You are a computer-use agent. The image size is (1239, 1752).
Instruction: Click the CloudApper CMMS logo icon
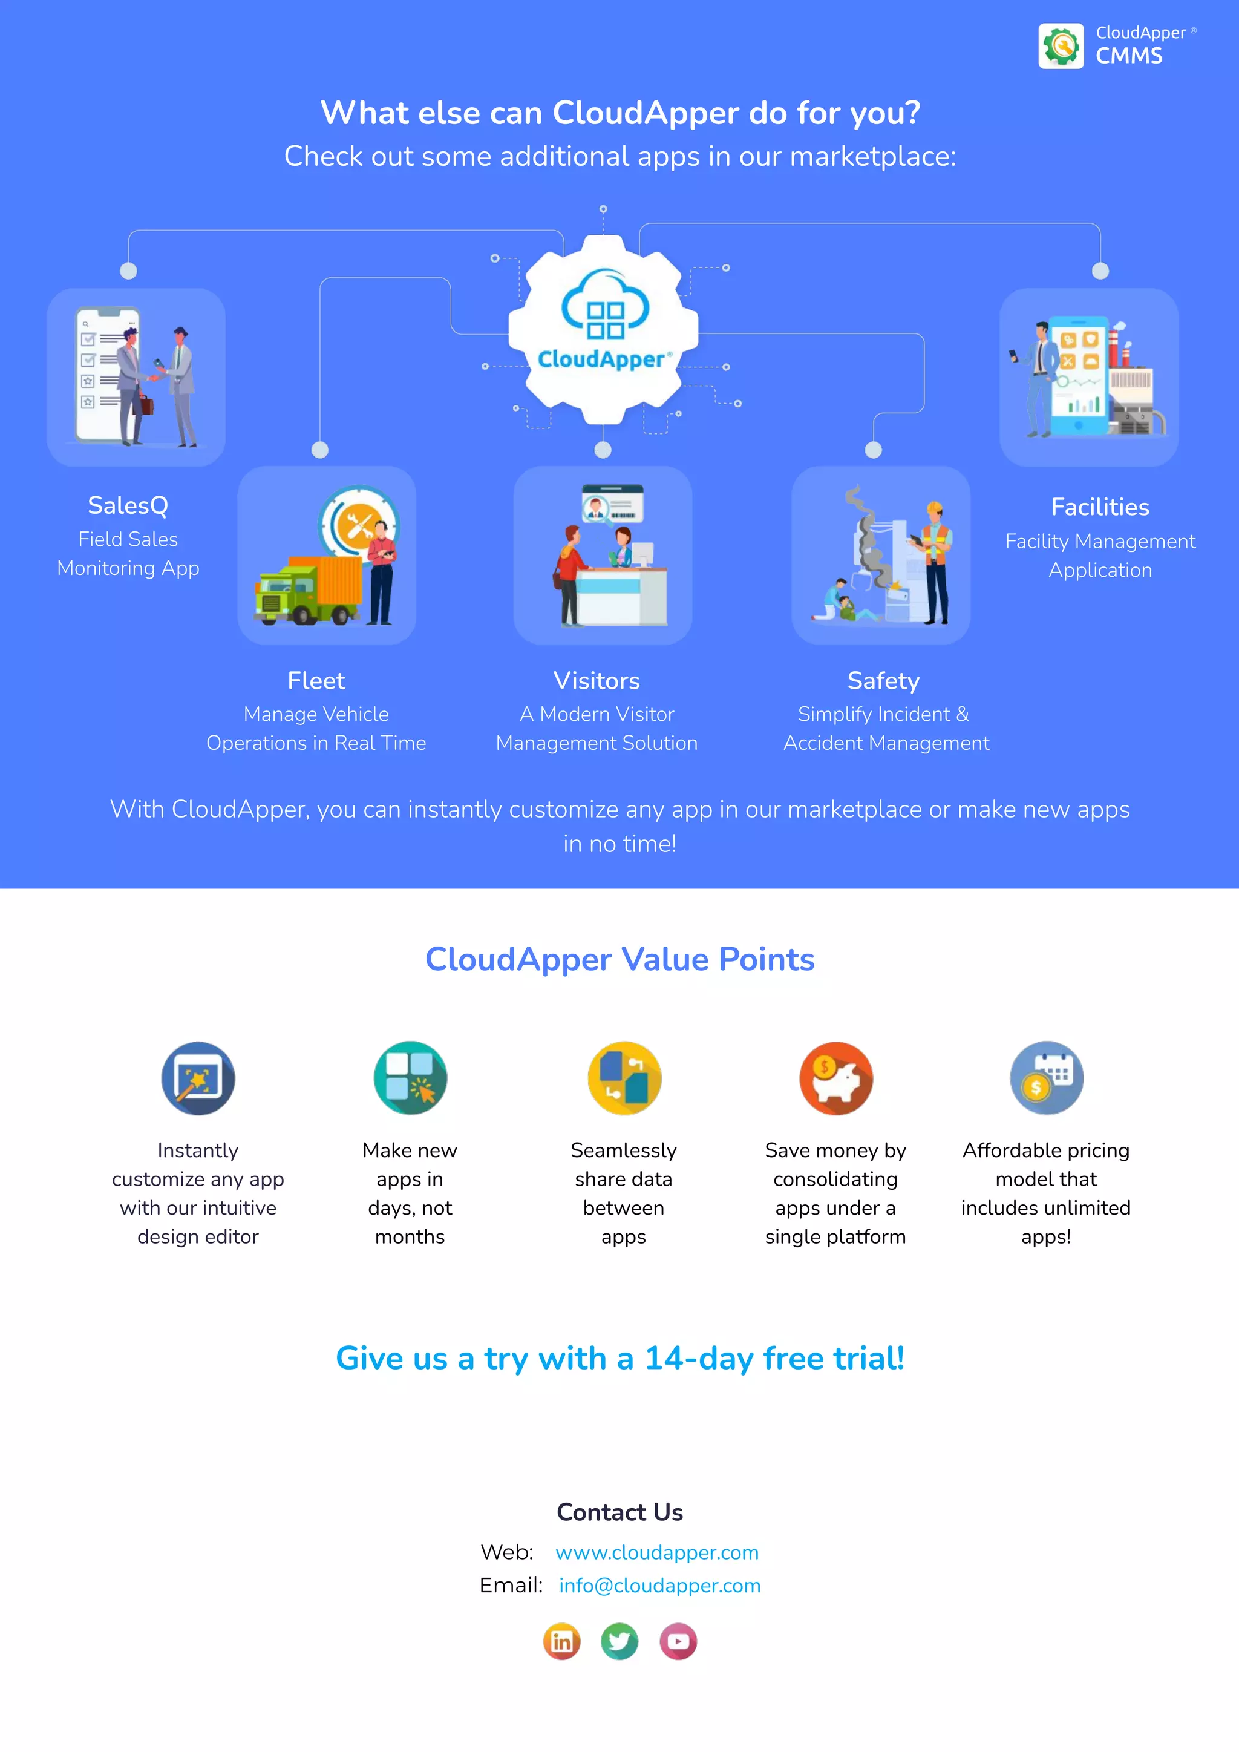[1061, 46]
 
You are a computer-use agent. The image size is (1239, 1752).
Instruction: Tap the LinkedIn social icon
[561, 1641]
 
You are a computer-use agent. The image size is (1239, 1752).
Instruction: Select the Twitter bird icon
[619, 1641]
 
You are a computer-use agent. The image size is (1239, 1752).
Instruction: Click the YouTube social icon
[678, 1641]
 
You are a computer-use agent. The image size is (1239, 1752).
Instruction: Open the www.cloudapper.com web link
[657, 1553]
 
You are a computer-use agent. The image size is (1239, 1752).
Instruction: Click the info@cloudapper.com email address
[660, 1586]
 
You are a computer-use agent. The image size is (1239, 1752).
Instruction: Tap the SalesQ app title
[128, 505]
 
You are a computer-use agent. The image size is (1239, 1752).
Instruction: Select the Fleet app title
[316, 681]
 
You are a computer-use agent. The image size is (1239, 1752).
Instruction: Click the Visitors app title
[597, 681]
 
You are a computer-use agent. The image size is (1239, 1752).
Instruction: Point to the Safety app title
[883, 681]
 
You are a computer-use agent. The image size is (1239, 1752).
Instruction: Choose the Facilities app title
[1100, 507]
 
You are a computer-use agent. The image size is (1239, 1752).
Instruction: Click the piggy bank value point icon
[836, 1078]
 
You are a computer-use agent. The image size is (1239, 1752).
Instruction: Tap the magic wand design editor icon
[198, 1078]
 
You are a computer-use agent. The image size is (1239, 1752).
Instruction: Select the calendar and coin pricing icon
[1047, 1078]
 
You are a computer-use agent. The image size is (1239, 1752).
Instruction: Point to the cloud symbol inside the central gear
[605, 305]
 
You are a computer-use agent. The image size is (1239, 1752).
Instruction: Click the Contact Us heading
[619, 1512]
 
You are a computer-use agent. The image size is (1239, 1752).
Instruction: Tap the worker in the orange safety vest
[935, 561]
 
